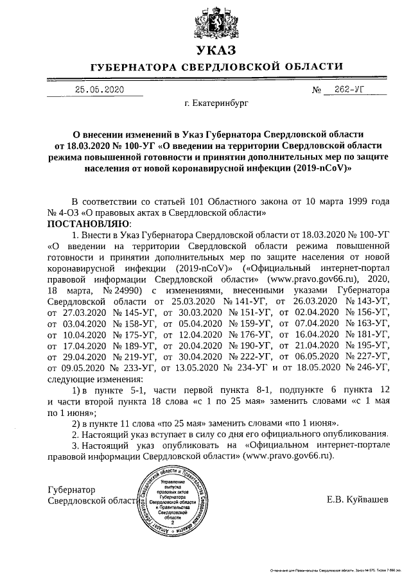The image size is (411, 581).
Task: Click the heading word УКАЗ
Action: tap(205, 50)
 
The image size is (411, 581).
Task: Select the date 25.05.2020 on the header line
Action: tap(99, 90)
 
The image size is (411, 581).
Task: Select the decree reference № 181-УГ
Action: tap(367, 334)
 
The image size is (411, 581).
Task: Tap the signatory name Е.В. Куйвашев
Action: tap(357, 499)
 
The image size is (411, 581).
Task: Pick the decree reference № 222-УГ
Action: tap(242, 356)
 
